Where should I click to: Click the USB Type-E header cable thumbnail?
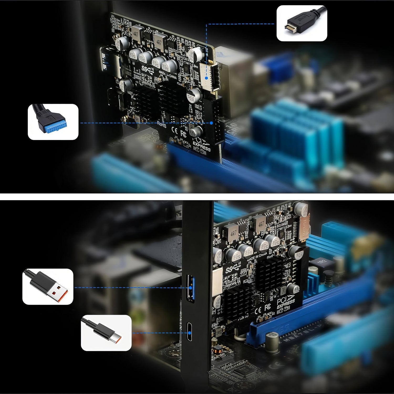(302, 23)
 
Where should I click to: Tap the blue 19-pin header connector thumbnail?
(53, 122)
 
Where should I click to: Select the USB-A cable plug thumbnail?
(48, 287)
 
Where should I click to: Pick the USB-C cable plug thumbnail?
(106, 333)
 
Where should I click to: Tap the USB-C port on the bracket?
(189, 332)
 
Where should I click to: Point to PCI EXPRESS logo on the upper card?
(202, 144)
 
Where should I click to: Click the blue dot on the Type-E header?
(207, 78)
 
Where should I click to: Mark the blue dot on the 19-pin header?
(211, 123)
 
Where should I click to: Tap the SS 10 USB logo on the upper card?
(148, 70)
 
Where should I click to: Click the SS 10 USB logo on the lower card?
(233, 268)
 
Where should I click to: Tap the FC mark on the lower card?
(268, 307)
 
